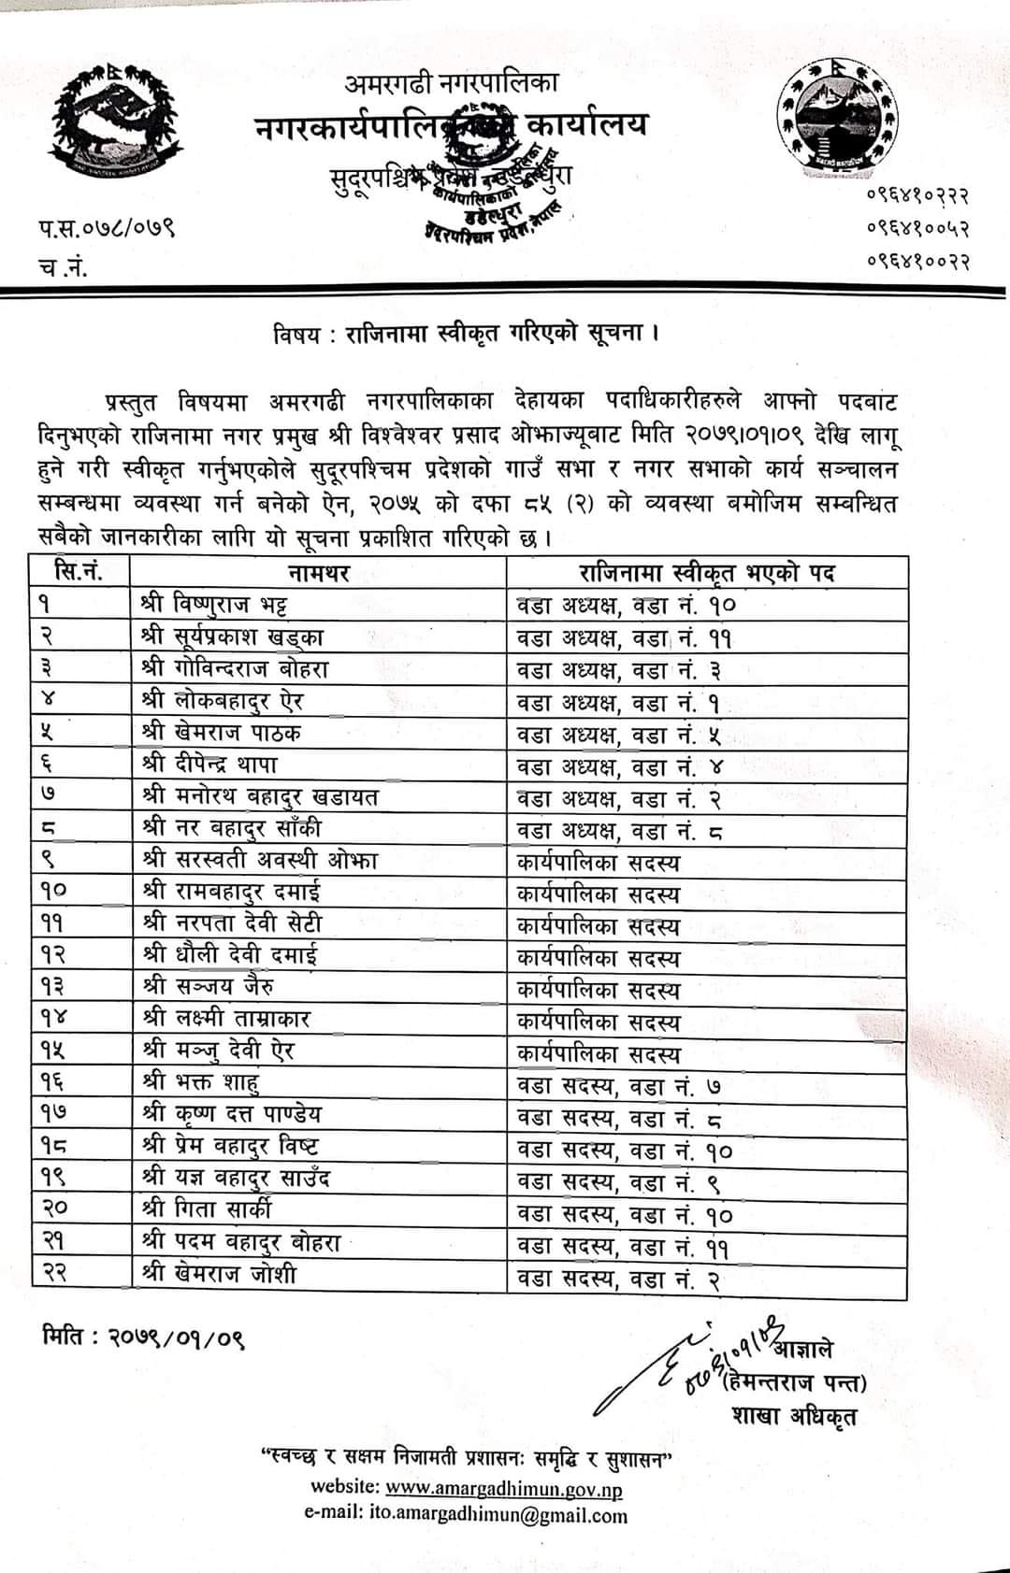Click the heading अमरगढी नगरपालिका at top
click(x=452, y=83)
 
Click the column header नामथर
click(x=319, y=573)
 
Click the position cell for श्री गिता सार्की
click(x=625, y=1214)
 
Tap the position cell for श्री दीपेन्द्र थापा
click(x=619, y=767)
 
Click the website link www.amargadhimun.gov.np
click(x=503, y=1489)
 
